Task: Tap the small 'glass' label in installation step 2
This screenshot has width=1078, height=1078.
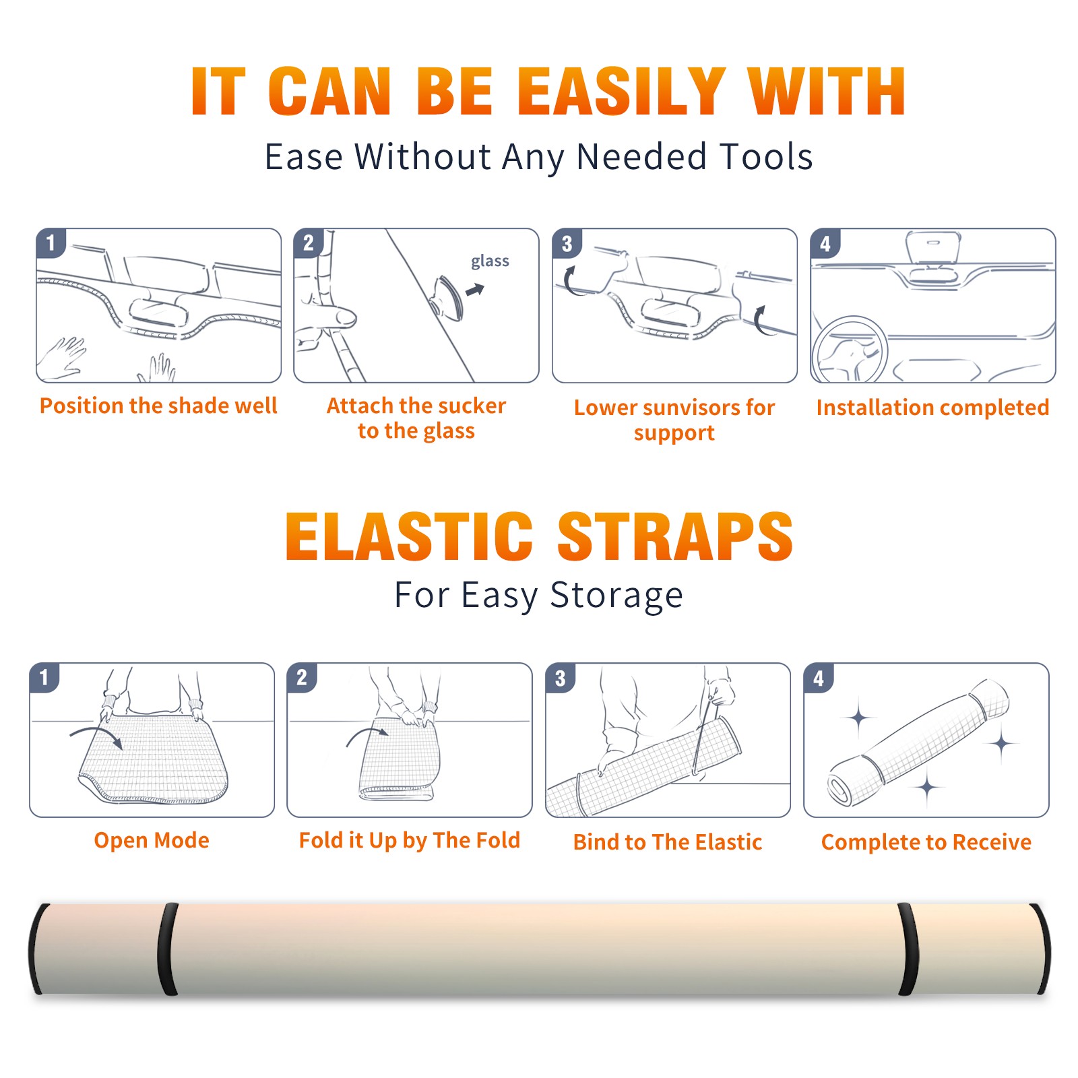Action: coord(490,261)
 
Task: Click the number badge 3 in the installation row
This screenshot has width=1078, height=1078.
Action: coord(567,243)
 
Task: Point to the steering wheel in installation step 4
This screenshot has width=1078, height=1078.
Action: coord(850,350)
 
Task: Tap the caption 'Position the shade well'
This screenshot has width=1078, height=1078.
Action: coord(158,406)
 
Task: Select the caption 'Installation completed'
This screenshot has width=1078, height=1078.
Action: coord(932,407)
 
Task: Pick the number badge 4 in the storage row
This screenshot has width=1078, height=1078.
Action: coord(818,678)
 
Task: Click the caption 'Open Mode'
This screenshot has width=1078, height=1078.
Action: coord(152,840)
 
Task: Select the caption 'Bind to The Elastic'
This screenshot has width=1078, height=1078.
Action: coord(668,842)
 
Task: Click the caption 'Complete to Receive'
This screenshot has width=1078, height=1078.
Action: coord(926,842)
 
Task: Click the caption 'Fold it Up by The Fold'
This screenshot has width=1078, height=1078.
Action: coord(410,840)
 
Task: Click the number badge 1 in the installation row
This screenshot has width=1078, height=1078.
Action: coord(51,243)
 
